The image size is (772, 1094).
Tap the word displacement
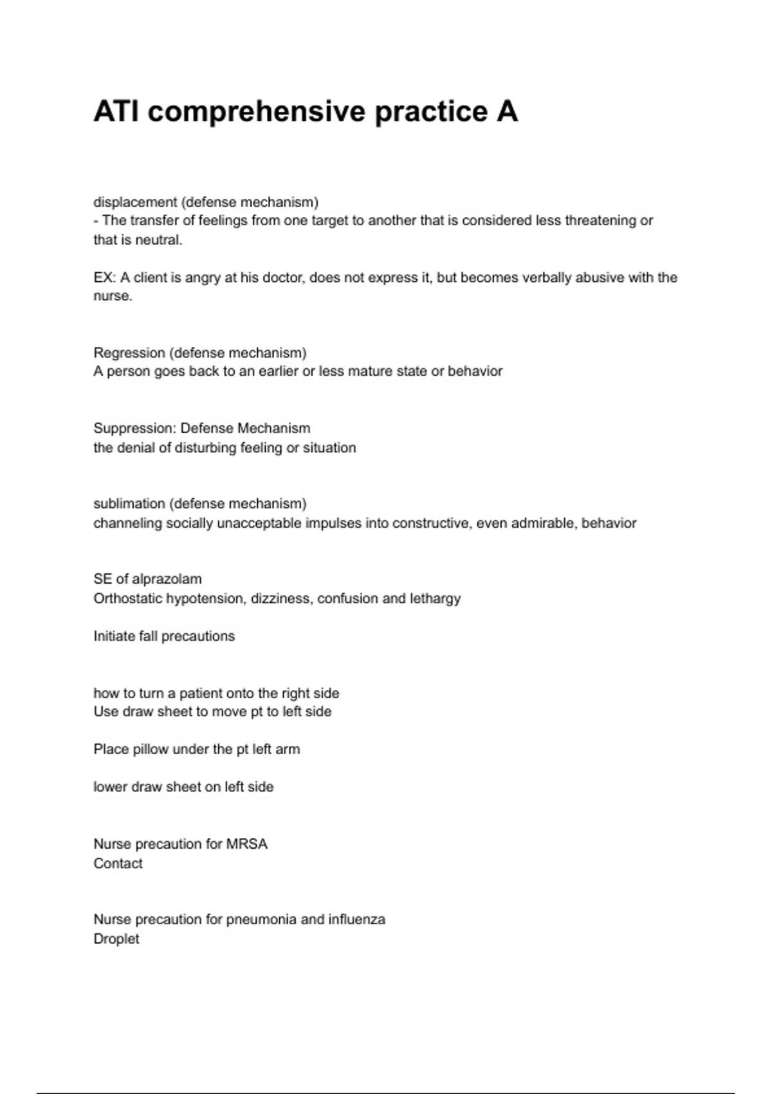[x=135, y=202]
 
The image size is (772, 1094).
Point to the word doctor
[x=283, y=277]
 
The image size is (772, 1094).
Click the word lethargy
[x=435, y=598]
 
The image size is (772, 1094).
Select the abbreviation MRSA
[x=246, y=844]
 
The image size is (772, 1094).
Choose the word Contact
[x=118, y=864]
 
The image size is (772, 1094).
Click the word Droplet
[x=116, y=939]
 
